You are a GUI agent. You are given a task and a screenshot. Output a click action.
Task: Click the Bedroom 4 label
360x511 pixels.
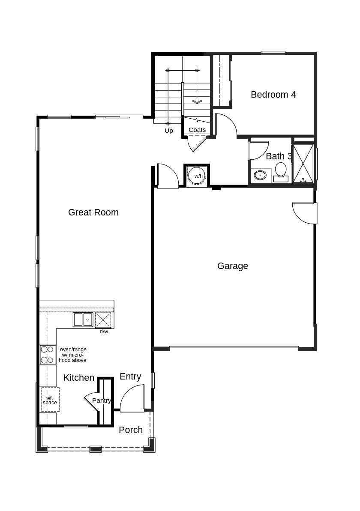pyautogui.click(x=273, y=95)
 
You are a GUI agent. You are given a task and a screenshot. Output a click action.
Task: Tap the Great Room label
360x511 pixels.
pyautogui.click(x=93, y=212)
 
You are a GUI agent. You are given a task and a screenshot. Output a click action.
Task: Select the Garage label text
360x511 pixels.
pyautogui.click(x=232, y=266)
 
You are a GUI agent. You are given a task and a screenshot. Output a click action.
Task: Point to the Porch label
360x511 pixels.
pyautogui.click(x=131, y=430)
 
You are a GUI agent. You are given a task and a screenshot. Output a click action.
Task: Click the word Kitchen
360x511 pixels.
pyautogui.click(x=79, y=378)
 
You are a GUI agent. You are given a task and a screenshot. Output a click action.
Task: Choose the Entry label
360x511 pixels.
pyautogui.click(x=130, y=377)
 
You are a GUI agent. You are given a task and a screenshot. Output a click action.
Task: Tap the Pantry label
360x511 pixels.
pyautogui.click(x=102, y=400)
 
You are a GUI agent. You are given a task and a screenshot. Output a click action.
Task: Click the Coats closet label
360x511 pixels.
pyautogui.click(x=197, y=130)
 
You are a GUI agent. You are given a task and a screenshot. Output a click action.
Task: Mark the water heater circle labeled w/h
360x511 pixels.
pyautogui.click(x=197, y=176)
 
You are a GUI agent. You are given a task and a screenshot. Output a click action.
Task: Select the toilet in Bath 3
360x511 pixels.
pyautogui.click(x=280, y=172)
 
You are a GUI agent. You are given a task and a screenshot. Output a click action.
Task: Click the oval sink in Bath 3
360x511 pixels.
pyautogui.click(x=260, y=175)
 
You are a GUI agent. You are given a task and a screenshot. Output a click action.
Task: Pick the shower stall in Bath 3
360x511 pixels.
pyautogui.click(x=303, y=163)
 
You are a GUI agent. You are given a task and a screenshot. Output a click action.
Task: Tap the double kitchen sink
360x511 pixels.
pyautogui.click(x=83, y=320)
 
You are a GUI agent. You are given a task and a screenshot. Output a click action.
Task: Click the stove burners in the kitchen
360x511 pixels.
pyautogui.click(x=48, y=355)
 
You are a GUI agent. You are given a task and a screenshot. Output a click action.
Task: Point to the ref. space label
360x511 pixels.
pyautogui.click(x=50, y=400)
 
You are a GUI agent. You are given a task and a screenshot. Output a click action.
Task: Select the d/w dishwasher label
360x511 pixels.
pyautogui.click(x=104, y=332)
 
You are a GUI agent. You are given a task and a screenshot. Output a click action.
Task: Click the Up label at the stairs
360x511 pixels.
pyautogui.click(x=168, y=131)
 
